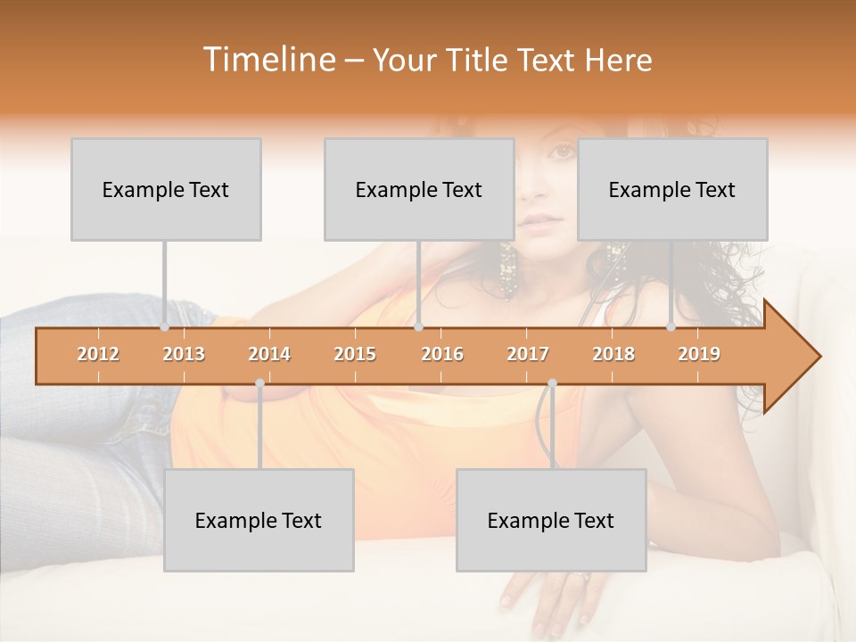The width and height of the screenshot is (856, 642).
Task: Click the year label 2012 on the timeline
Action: (98, 354)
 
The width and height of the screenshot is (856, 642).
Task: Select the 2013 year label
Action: (184, 354)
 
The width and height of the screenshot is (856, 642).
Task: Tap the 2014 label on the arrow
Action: (269, 354)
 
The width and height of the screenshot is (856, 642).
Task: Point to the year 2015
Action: (355, 354)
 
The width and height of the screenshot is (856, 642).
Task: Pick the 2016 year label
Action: (442, 354)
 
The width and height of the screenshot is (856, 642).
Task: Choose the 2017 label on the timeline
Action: (528, 354)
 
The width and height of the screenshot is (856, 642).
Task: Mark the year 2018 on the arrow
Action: (613, 354)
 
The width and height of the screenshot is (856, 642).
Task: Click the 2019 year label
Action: (699, 354)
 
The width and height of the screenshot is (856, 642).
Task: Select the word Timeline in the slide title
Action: (267, 60)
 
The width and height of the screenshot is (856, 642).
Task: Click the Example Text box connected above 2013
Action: (166, 189)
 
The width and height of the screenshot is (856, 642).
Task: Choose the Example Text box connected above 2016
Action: (419, 189)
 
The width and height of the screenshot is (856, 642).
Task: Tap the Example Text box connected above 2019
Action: (672, 189)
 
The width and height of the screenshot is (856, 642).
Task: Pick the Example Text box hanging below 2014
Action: (259, 520)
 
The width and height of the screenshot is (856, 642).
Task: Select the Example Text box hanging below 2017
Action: (551, 520)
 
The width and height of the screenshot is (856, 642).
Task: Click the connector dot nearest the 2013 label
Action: (164, 327)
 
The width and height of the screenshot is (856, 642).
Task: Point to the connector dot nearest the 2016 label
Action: (418, 327)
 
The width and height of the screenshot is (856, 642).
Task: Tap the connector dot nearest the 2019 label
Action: (671, 327)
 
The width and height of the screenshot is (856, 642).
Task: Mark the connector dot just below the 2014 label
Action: (259, 383)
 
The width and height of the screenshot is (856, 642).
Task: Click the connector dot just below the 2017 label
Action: (552, 383)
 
